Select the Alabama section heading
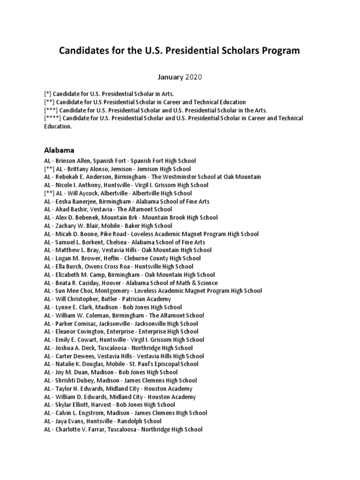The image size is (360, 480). coord(60,150)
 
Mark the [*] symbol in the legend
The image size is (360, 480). coord(49,94)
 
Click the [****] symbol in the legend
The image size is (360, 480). coord(52,118)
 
